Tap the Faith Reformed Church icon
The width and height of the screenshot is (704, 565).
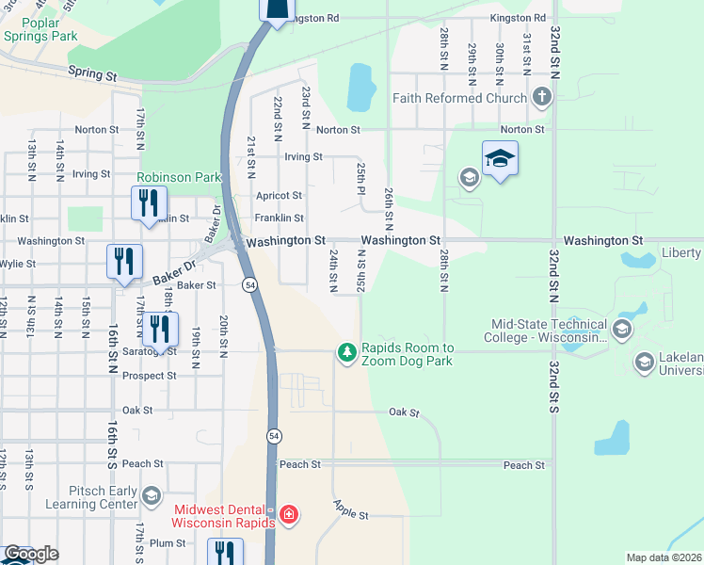(541, 96)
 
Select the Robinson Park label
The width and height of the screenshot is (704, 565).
(179, 177)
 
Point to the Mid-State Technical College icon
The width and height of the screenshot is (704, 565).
(621, 329)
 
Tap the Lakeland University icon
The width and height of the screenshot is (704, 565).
(645, 362)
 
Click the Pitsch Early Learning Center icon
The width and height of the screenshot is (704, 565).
(151, 495)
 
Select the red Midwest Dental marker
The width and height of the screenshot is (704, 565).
(289, 514)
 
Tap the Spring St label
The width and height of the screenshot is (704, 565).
(91, 73)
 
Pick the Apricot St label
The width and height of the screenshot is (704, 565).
(280, 196)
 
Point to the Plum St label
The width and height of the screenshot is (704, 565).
(168, 543)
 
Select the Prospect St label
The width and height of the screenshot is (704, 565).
(151, 376)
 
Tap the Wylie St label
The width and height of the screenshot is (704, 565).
(19, 265)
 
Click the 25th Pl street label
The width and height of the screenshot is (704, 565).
(360, 177)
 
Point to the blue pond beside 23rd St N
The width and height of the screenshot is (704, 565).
(360, 87)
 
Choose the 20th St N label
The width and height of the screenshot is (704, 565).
(223, 336)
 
